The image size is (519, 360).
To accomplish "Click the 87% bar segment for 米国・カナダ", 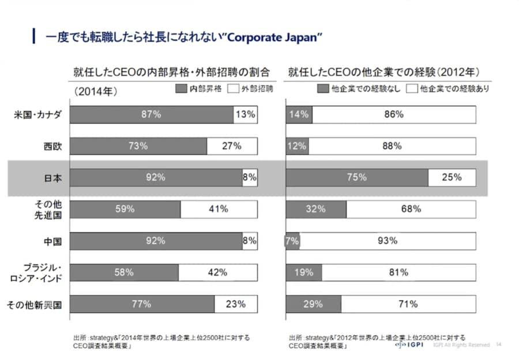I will click(x=151, y=115).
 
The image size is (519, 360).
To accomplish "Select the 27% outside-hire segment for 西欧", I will click(x=232, y=146).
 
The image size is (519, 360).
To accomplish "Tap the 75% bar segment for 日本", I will click(x=357, y=178).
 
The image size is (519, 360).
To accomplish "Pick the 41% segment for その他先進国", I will click(x=219, y=209).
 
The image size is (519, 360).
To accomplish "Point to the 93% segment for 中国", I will click(x=388, y=241).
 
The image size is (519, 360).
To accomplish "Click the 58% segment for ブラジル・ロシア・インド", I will click(x=124, y=272).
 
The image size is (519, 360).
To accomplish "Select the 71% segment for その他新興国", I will click(x=408, y=304).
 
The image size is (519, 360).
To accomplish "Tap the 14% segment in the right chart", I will click(x=299, y=115).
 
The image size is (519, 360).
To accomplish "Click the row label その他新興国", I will click(x=34, y=304).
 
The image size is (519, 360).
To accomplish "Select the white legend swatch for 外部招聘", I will click(x=234, y=89).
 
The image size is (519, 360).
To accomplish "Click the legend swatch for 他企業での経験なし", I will click(x=322, y=89).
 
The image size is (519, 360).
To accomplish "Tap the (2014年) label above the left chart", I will click(x=96, y=91).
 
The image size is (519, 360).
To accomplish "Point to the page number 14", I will click(x=499, y=345).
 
